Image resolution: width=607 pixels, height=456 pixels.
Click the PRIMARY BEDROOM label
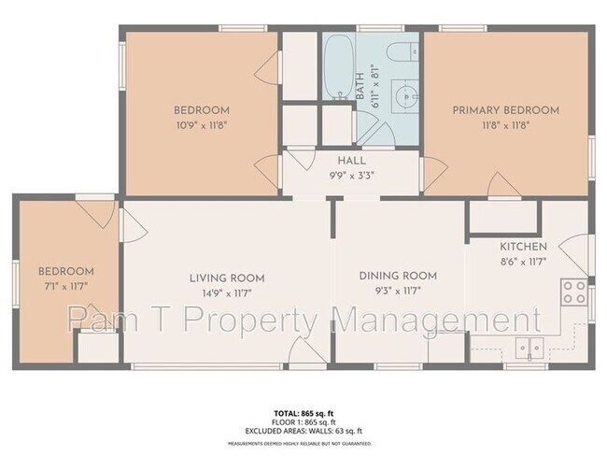tap(506, 110)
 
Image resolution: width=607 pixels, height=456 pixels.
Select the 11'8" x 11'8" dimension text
tap(506, 125)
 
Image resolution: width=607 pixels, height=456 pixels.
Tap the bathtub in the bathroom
tap(337, 66)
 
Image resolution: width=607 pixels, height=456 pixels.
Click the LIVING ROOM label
tap(227, 278)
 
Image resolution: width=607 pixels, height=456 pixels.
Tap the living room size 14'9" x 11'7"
tap(227, 292)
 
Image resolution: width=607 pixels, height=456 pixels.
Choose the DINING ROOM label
tap(399, 275)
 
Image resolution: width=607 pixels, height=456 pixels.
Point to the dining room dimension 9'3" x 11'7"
tap(399, 290)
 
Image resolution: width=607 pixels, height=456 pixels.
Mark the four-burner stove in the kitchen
tap(573, 292)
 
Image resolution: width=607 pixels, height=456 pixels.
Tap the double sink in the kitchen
tap(529, 349)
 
